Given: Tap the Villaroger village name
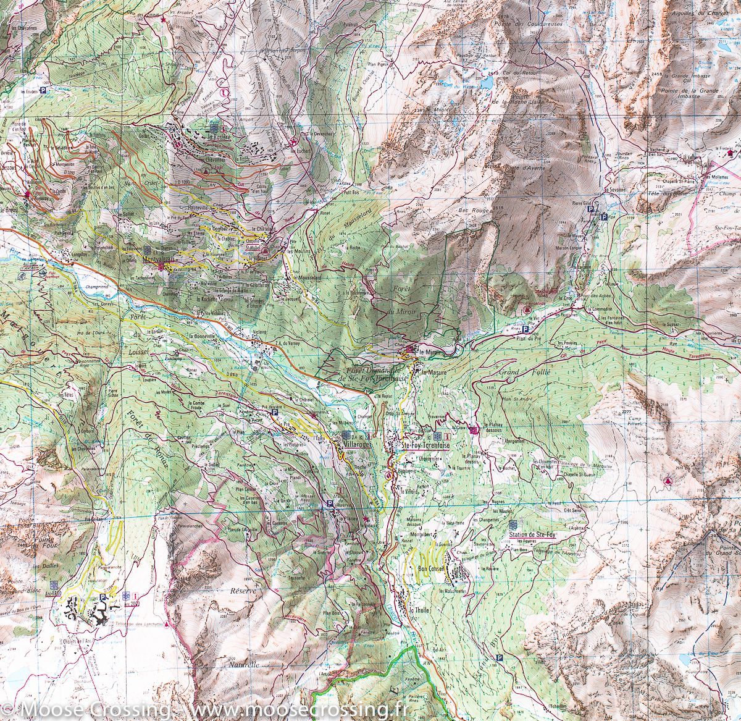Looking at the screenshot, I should (x=356, y=444).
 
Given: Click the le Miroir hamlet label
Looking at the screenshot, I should (x=429, y=352).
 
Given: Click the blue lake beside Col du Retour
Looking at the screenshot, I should (x=488, y=80).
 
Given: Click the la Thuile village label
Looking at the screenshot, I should (x=418, y=608).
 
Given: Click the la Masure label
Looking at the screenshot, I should (x=433, y=373).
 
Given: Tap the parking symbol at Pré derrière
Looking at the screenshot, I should (x=274, y=412).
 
